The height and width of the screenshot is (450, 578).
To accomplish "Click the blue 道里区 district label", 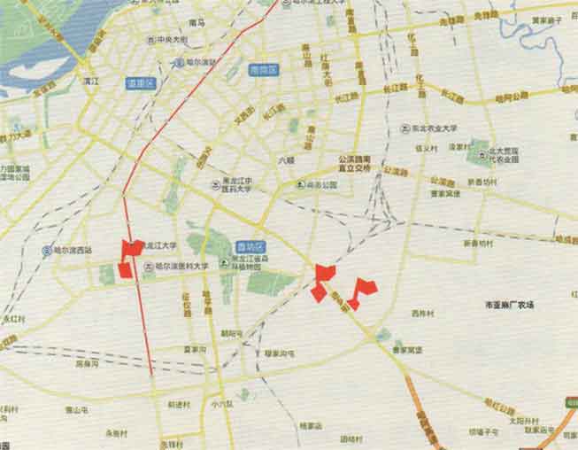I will click(142, 83).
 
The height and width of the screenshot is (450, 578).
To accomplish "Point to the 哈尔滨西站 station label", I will click(70, 250).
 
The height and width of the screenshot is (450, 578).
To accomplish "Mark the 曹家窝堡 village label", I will click(410, 349).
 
